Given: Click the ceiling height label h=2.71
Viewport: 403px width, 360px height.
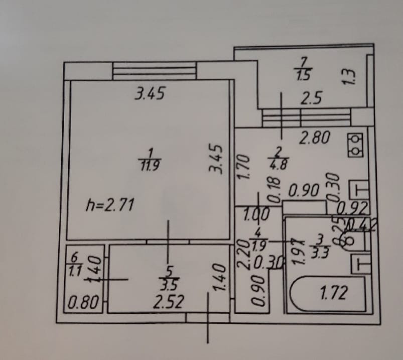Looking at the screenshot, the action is (109, 205).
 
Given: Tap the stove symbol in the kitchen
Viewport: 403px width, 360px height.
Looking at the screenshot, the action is (356, 144).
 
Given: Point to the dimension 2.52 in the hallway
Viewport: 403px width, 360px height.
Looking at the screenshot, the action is (169, 302).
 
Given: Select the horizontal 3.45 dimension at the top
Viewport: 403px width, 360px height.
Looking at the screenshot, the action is (150, 94).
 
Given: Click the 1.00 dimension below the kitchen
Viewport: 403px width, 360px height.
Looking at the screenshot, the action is (256, 214).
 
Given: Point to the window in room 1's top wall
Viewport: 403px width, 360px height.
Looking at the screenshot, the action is (154, 71).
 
